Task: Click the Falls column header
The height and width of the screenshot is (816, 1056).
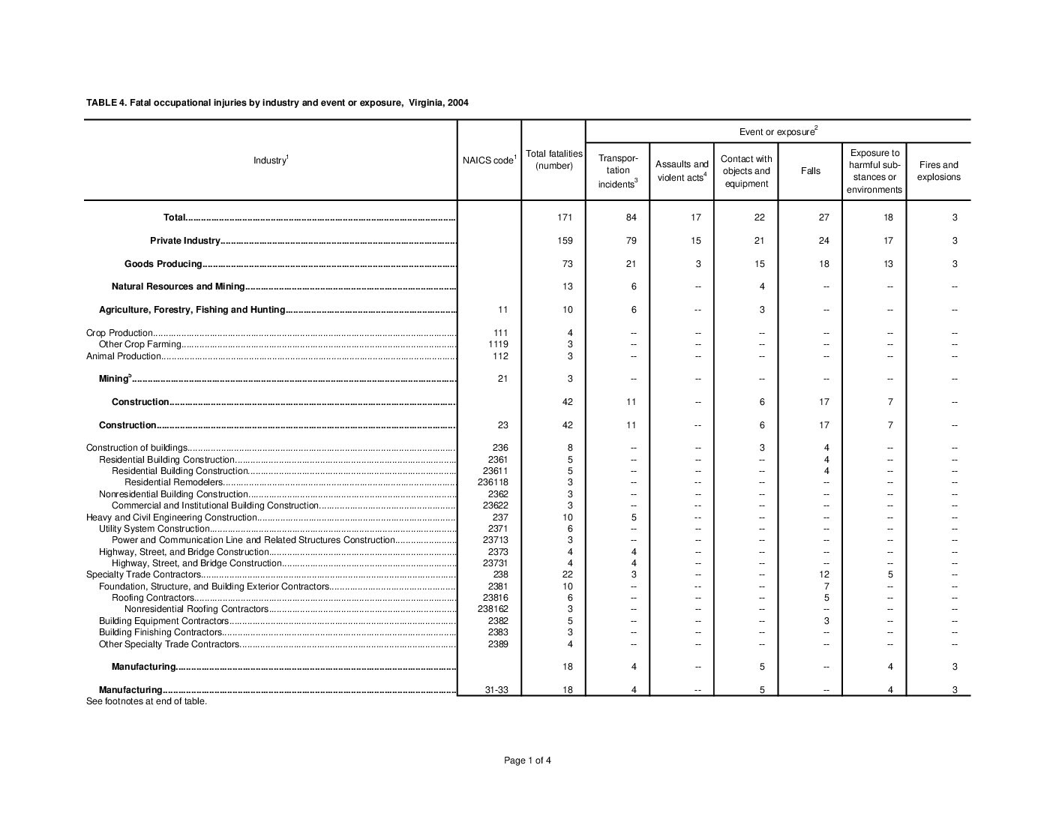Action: click(x=810, y=171)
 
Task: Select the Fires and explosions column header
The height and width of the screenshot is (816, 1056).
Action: click(x=938, y=171)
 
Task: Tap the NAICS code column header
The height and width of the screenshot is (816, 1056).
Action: click(x=489, y=160)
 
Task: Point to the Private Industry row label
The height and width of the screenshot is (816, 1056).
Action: click(x=185, y=241)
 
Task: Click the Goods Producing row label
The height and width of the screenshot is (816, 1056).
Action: click(x=163, y=264)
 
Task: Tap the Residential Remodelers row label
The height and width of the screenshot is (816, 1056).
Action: click(x=174, y=482)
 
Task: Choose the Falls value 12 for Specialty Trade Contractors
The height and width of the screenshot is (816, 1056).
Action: click(x=824, y=574)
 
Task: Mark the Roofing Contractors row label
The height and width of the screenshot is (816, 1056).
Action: click(x=153, y=598)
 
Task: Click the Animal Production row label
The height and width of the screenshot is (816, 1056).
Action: click(x=124, y=356)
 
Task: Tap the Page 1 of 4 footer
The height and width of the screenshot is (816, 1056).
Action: click(x=527, y=760)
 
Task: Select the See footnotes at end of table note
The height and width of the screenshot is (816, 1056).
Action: click(x=146, y=701)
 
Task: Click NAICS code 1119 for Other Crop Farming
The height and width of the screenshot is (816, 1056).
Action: click(x=499, y=344)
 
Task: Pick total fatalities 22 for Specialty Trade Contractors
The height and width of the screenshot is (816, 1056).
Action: click(x=568, y=574)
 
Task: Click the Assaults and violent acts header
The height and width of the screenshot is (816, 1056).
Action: click(x=682, y=171)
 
